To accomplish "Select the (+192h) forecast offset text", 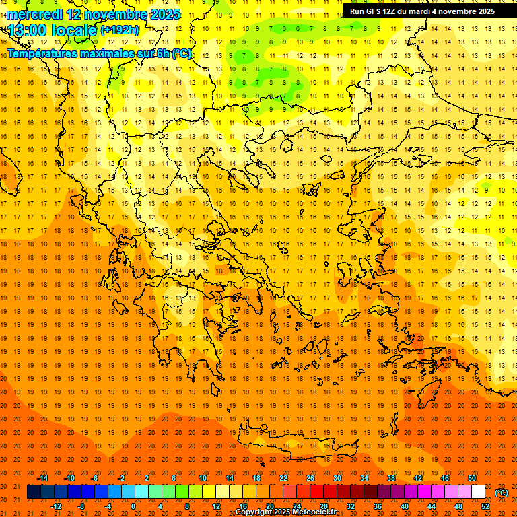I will coord(120,30).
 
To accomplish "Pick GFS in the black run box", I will coord(373,11).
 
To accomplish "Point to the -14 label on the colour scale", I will coord(42,477).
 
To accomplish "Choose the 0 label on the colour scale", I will coord(133,506).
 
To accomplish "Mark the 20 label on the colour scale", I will coord(269,506).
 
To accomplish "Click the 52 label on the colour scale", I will coord(485,506).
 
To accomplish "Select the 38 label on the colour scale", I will coord(391,477).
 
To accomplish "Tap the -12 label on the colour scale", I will coord(56,506).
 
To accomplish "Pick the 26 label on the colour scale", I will coord(310,477).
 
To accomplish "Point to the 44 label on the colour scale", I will coord(432,506).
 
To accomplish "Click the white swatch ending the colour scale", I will coord(478,492).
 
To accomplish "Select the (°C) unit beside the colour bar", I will coord(502,493).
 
